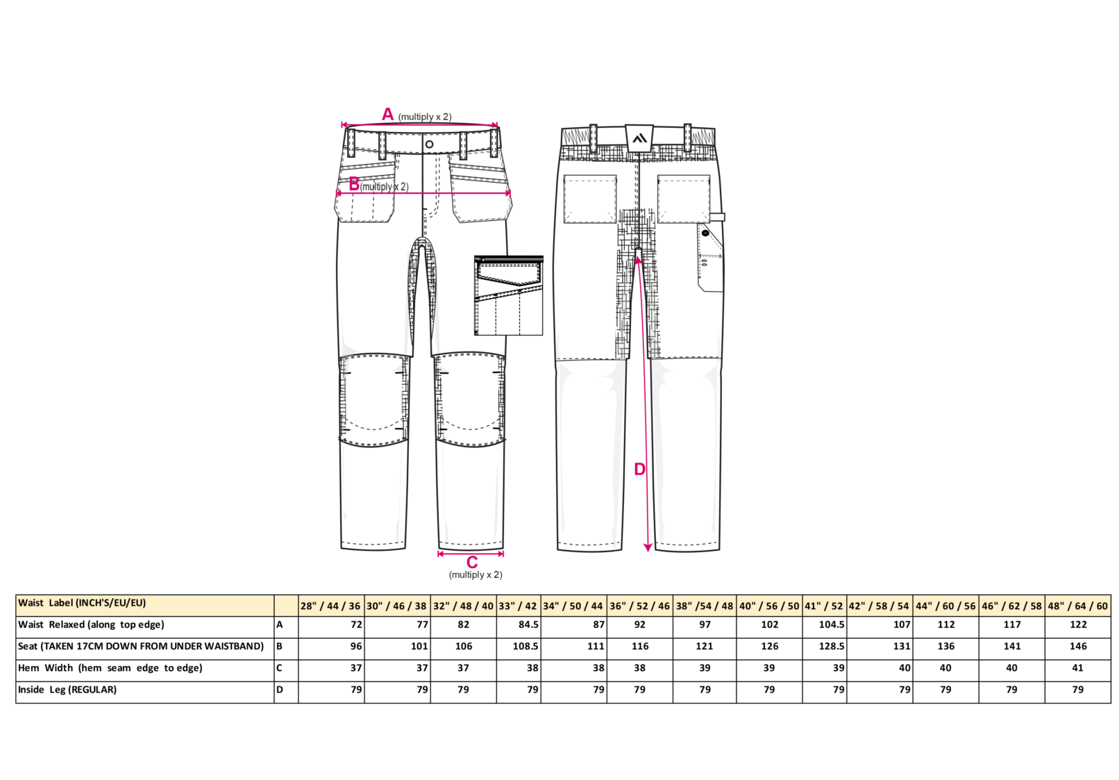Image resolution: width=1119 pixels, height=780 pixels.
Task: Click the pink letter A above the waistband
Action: tap(387, 115)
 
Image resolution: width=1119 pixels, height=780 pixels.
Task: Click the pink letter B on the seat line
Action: tap(354, 184)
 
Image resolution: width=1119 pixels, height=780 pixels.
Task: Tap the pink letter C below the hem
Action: tap(471, 563)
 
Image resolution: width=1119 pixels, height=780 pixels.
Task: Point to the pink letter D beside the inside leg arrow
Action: tap(639, 470)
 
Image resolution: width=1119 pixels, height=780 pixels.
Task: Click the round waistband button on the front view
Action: tap(429, 144)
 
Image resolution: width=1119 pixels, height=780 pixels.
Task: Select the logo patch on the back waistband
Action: tap(639, 138)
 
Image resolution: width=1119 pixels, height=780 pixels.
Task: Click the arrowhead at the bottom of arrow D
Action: tap(648, 548)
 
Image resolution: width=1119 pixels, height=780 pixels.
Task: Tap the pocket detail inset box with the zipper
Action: tap(508, 295)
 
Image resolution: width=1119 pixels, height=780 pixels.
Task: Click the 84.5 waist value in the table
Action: tap(526, 624)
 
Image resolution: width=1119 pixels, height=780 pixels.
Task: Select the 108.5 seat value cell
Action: tap(519, 649)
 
